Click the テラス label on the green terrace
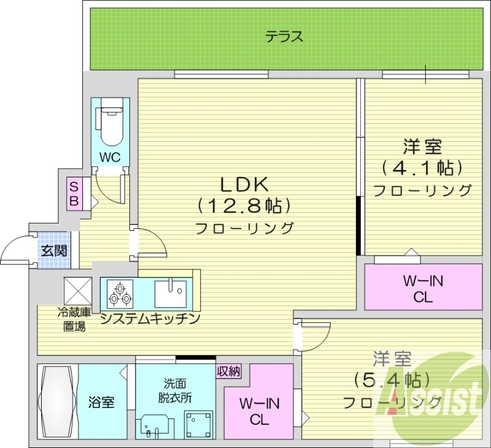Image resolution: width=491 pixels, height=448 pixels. point(284,37)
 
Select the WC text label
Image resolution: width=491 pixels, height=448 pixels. point(110,156)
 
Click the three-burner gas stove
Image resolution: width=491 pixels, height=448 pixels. point(119,293)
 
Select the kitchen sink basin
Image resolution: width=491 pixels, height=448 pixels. point(171,293)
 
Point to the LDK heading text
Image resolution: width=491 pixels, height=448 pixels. point(244,183)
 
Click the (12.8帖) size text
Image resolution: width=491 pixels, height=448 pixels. point(244,205)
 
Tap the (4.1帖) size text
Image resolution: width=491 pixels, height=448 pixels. point(422,167)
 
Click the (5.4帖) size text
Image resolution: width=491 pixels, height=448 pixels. point(391,380)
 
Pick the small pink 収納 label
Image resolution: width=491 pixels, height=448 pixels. point(228,371)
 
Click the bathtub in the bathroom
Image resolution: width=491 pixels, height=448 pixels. point(56,402)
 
